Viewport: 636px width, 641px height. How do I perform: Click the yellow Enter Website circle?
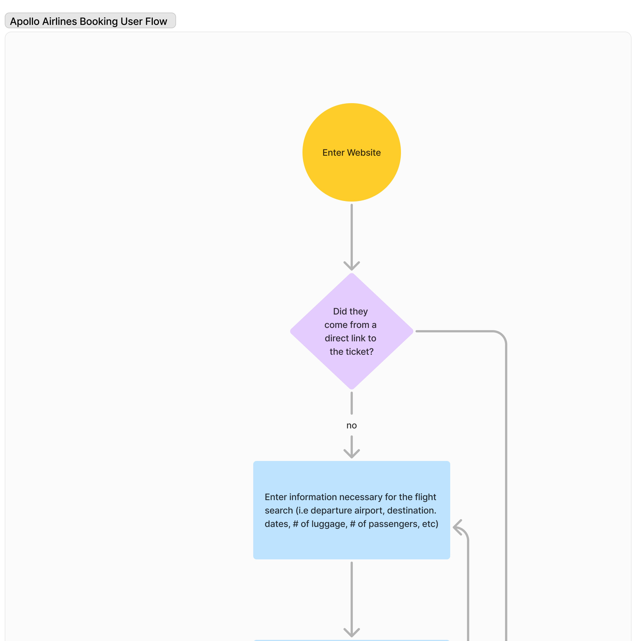(x=351, y=152)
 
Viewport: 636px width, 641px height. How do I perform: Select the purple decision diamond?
(x=351, y=331)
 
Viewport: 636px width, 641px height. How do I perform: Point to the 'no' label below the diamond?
(x=351, y=425)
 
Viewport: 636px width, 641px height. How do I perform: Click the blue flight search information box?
(x=351, y=510)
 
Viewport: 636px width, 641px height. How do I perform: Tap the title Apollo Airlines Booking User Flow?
(x=88, y=21)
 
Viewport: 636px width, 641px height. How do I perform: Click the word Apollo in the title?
(x=25, y=21)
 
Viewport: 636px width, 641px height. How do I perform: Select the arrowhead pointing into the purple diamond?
(x=351, y=266)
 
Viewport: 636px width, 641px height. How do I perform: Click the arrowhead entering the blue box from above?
(x=351, y=453)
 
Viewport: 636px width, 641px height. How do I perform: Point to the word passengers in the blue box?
(x=393, y=524)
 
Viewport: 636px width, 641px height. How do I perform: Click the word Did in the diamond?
(x=340, y=311)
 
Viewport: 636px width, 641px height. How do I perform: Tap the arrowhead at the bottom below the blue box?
(x=351, y=632)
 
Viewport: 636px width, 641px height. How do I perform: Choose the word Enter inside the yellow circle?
(x=334, y=153)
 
